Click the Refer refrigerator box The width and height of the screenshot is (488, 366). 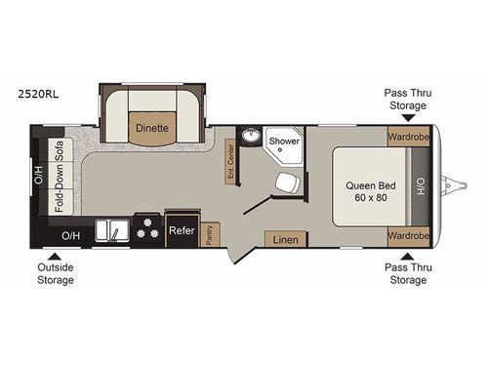[x=181, y=231]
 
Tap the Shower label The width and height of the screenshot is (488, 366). [x=284, y=142]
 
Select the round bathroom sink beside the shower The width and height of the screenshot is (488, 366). [x=250, y=138]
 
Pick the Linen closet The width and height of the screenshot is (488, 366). [x=285, y=239]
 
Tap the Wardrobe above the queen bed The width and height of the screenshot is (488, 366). [x=407, y=137]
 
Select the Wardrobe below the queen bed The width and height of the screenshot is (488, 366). [x=407, y=236]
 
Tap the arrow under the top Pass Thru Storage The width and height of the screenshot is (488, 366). [x=405, y=117]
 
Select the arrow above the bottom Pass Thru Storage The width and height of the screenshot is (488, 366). [x=405, y=256]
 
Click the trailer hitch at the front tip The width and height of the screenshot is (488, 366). [x=451, y=183]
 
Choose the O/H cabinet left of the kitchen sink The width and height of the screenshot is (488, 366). [x=71, y=235]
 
